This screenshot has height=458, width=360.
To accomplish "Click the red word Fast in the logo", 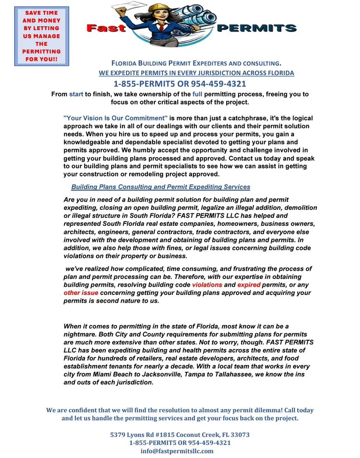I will tap(106, 28).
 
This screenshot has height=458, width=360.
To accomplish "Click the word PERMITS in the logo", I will tap(256, 28).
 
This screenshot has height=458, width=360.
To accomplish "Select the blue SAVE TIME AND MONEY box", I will tap(42, 36).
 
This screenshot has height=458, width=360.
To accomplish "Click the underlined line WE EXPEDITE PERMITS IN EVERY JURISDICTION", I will tap(196, 73).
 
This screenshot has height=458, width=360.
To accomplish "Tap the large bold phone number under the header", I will tap(180, 84).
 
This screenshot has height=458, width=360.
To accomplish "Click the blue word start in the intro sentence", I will tap(76, 94).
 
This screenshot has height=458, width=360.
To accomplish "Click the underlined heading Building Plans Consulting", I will tap(161, 187).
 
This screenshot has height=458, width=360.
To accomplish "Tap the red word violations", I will tap(207, 285).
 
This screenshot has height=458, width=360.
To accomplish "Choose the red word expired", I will tap(249, 285).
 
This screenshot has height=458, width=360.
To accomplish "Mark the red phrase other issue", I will tap(81, 293).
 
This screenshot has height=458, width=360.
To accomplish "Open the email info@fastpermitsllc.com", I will tap(177, 451).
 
